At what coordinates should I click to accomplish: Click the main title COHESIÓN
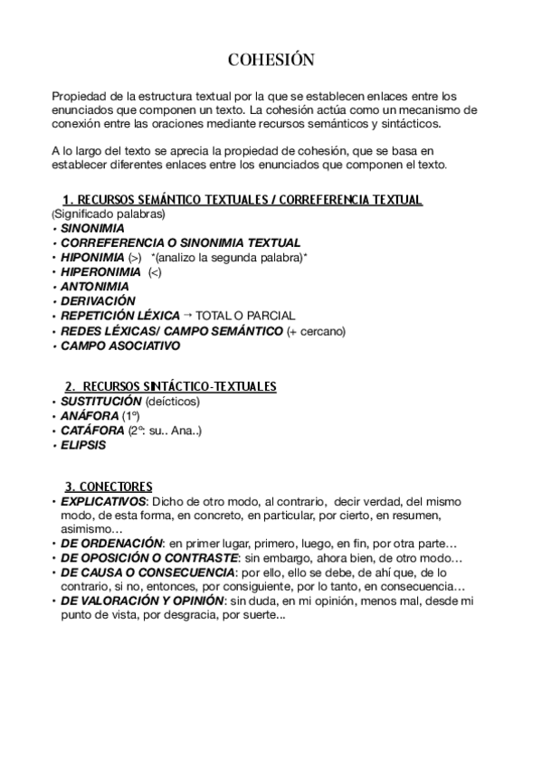[x=271, y=61]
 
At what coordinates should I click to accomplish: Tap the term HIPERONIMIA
[x=100, y=271]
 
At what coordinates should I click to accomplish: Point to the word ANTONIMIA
[x=94, y=286]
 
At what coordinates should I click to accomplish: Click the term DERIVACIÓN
[x=97, y=300]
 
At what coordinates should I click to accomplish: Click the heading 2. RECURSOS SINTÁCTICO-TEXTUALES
[x=170, y=386]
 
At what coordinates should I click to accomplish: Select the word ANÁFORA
[x=89, y=416]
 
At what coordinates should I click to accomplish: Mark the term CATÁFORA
[x=92, y=431]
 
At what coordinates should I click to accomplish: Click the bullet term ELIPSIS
[x=83, y=445]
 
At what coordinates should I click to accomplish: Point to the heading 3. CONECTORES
[x=109, y=487]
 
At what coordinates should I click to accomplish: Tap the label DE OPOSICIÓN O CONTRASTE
[x=143, y=558]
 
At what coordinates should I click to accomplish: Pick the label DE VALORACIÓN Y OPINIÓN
[x=143, y=600]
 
